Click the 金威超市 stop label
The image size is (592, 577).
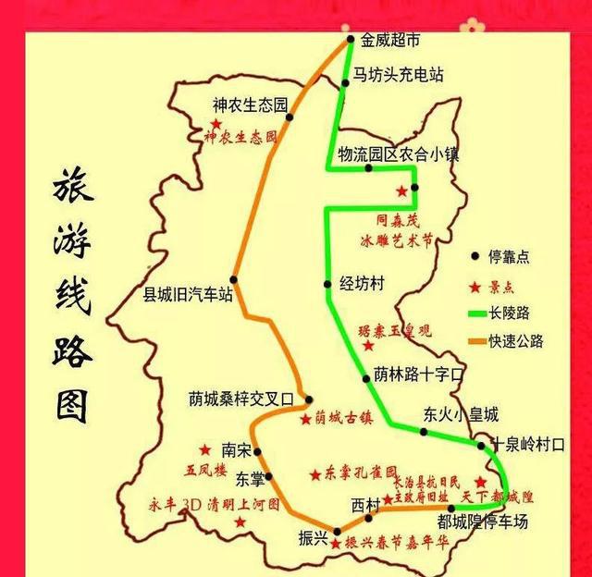click(390, 40)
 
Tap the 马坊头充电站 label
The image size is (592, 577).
click(398, 76)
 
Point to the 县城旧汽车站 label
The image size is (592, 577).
click(186, 297)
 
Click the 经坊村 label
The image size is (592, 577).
click(362, 283)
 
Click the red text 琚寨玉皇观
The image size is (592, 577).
click(396, 329)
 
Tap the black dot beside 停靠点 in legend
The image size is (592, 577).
click(475, 256)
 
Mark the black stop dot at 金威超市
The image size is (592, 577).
click(351, 40)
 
